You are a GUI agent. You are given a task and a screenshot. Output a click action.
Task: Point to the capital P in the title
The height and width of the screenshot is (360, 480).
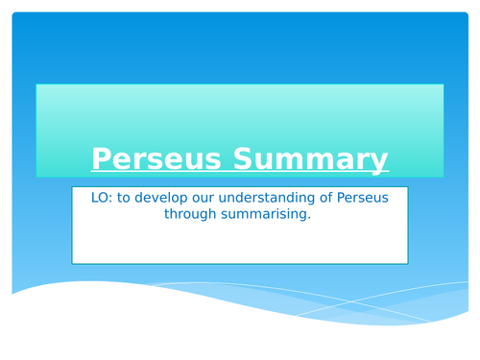coord(99,157)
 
